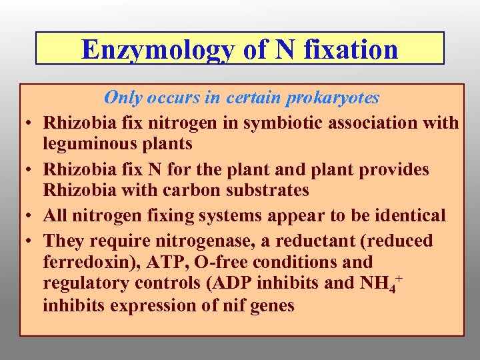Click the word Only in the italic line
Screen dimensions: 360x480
point(123,98)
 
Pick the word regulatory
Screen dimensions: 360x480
point(89,283)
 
